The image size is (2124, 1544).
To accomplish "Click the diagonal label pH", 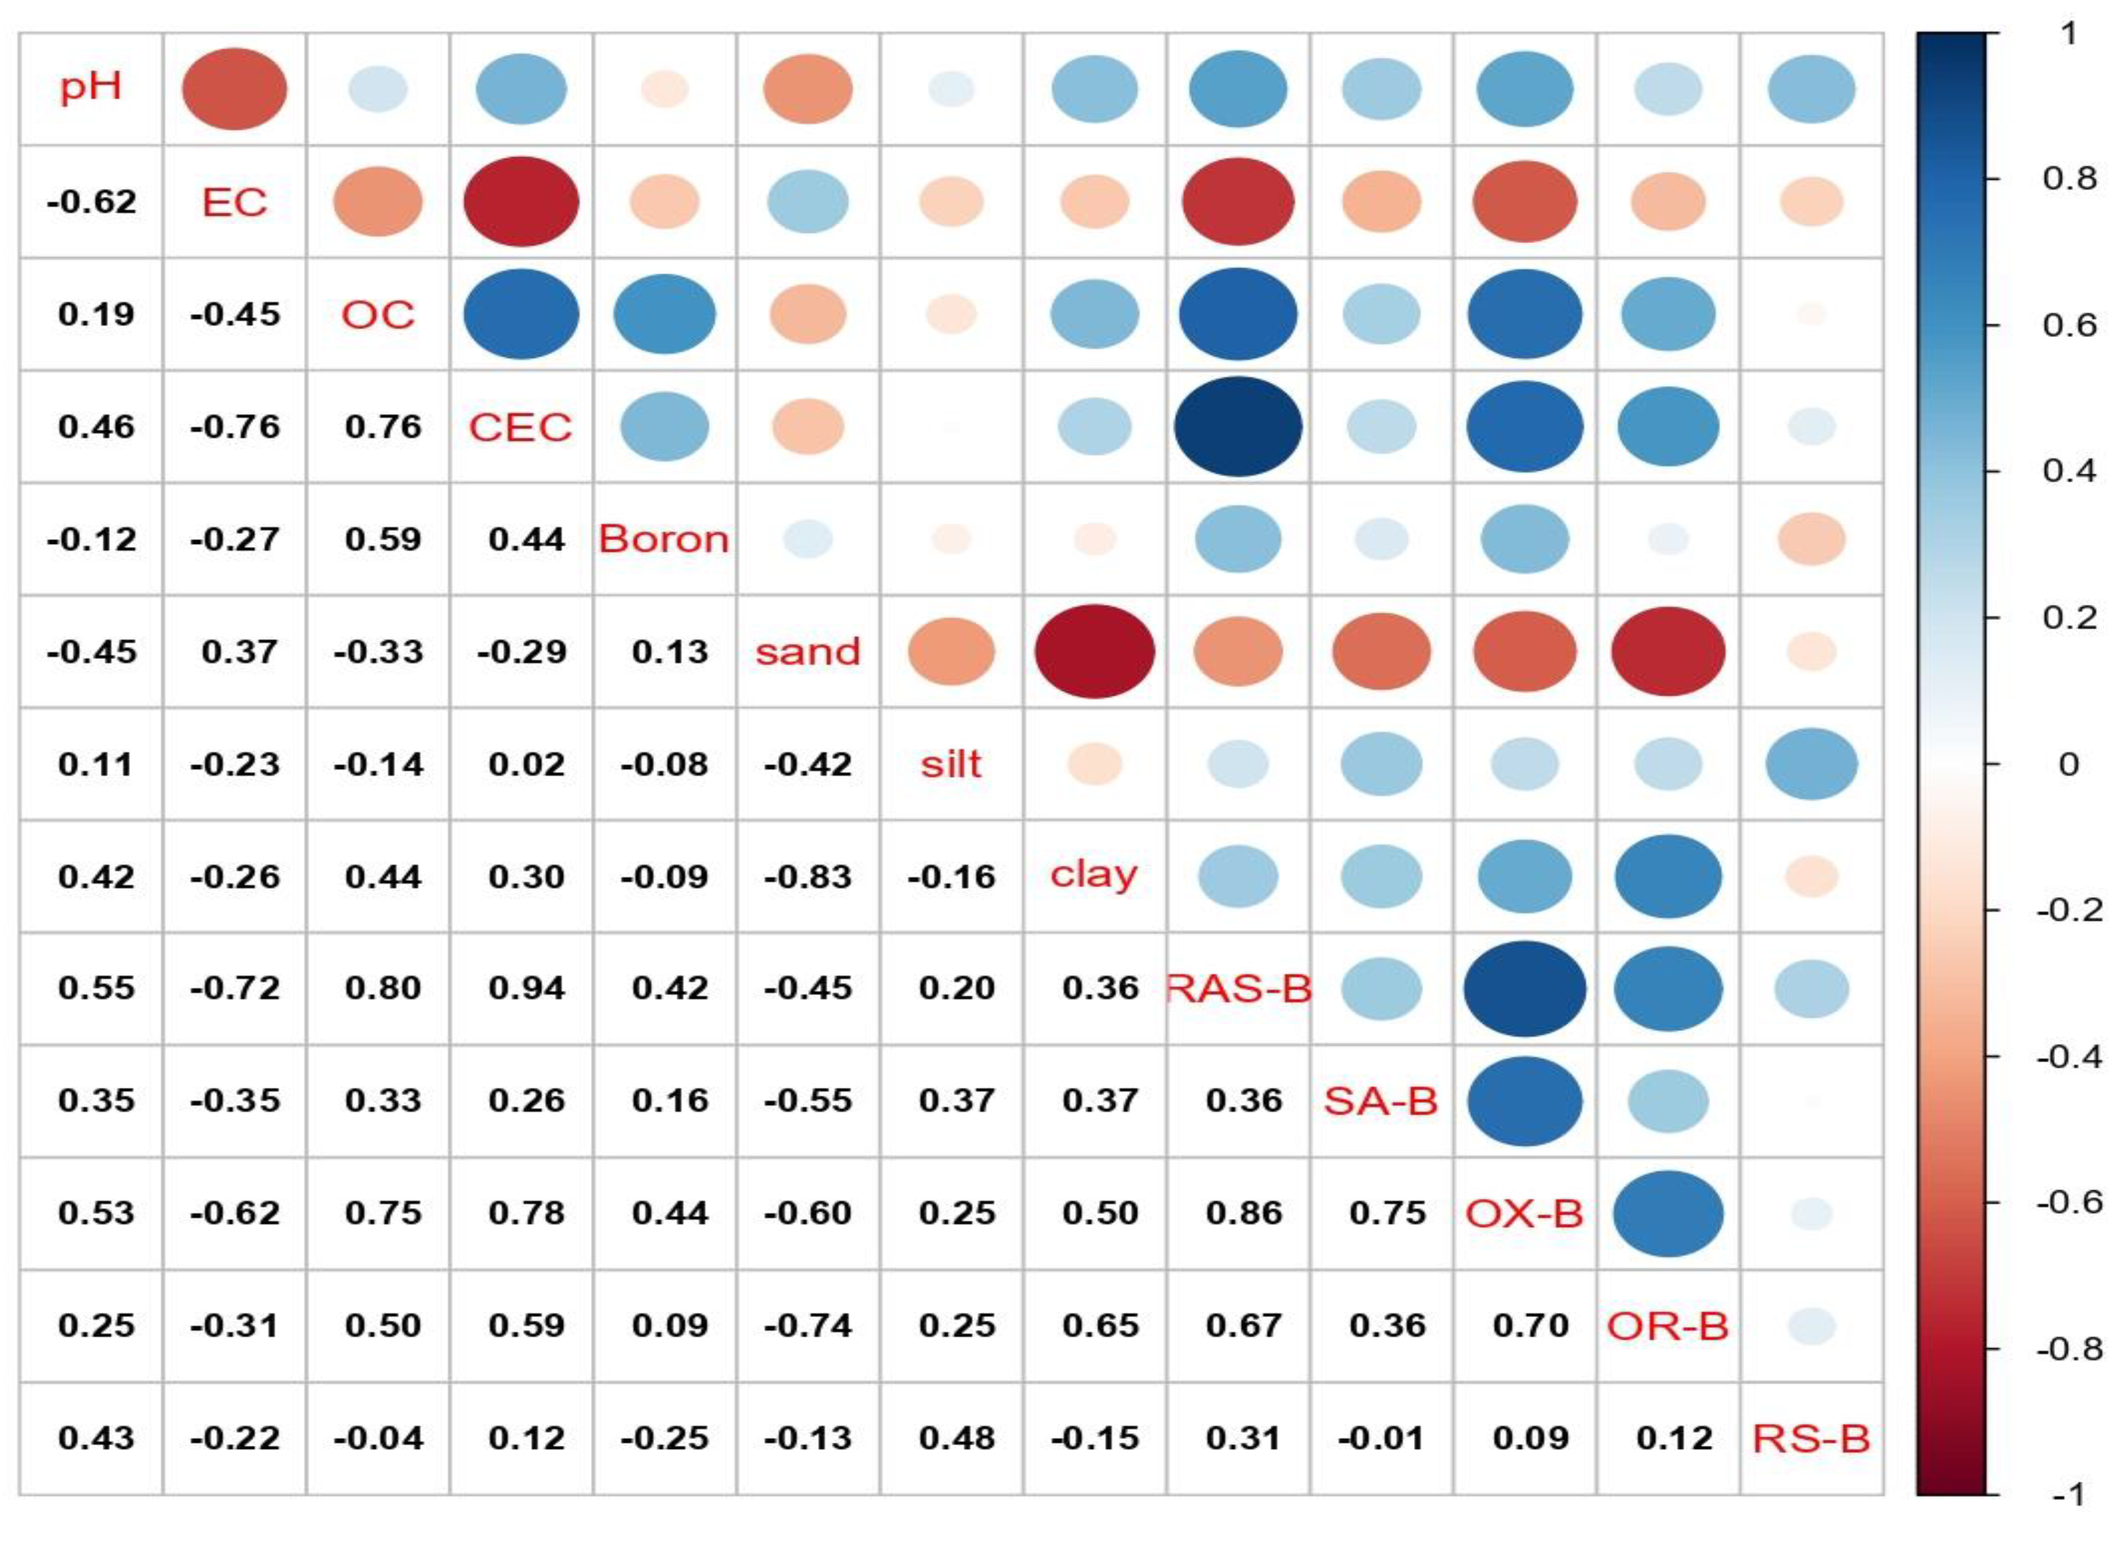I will coord(91,88).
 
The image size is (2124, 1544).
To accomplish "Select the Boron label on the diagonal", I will coord(664,539).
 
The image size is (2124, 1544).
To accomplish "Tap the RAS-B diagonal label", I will coord(1238,988).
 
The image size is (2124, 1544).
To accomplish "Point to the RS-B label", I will coord(1811,1438).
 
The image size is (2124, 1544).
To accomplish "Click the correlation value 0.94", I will coord(526,988).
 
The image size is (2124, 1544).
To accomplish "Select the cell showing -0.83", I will coord(807,876).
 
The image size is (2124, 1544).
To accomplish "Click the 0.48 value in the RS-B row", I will coord(956,1438).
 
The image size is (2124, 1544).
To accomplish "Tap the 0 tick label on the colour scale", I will coord(2069,765).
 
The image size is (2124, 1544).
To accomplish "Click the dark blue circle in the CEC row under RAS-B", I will coord(1238,426).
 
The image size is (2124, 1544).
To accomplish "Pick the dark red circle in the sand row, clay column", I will coord(1094,651).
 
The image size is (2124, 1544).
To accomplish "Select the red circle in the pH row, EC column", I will coord(234,89).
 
